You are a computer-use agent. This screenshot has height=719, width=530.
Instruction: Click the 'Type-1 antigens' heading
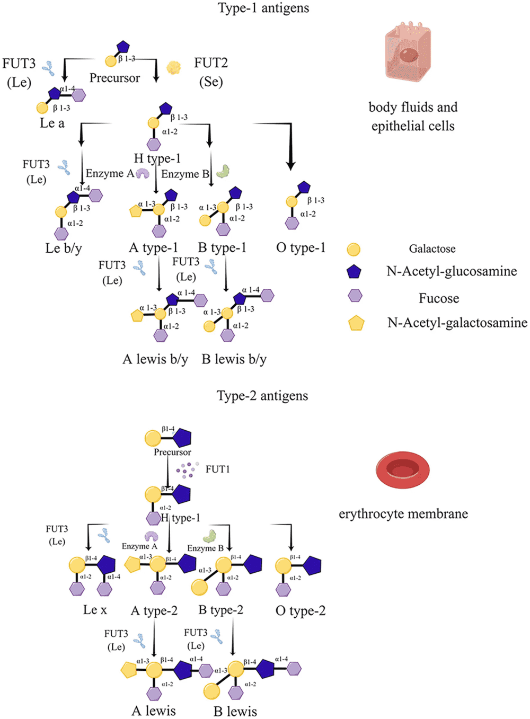[x=263, y=8]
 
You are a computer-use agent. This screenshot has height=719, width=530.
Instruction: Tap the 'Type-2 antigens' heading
[x=262, y=396]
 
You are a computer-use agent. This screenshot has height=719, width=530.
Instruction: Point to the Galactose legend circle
[x=354, y=249]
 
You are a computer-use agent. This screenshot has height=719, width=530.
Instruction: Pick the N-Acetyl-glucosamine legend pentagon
[x=354, y=272]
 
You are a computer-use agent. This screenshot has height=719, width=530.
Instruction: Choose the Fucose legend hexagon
[x=355, y=296]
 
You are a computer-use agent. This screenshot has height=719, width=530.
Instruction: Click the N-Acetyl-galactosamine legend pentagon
[x=356, y=323]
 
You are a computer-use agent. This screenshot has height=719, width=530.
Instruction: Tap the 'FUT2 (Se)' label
[x=211, y=72]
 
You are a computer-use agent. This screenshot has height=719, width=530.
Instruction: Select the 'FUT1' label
[x=217, y=469]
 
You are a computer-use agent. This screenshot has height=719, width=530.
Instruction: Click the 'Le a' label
[x=52, y=123]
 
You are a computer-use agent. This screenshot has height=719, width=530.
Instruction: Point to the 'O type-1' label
[x=301, y=247]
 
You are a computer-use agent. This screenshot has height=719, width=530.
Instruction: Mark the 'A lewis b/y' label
[x=155, y=359]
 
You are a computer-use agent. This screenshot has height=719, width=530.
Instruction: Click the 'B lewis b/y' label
[x=234, y=359]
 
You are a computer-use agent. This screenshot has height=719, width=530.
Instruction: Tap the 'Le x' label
[x=95, y=610]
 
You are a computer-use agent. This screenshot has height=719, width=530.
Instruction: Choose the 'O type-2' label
[x=301, y=610]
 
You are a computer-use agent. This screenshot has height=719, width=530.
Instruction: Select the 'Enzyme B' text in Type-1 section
[x=185, y=174]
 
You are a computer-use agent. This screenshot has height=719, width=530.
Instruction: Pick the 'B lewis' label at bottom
[x=235, y=711]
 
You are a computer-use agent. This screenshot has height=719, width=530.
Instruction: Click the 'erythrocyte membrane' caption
[x=403, y=513]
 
